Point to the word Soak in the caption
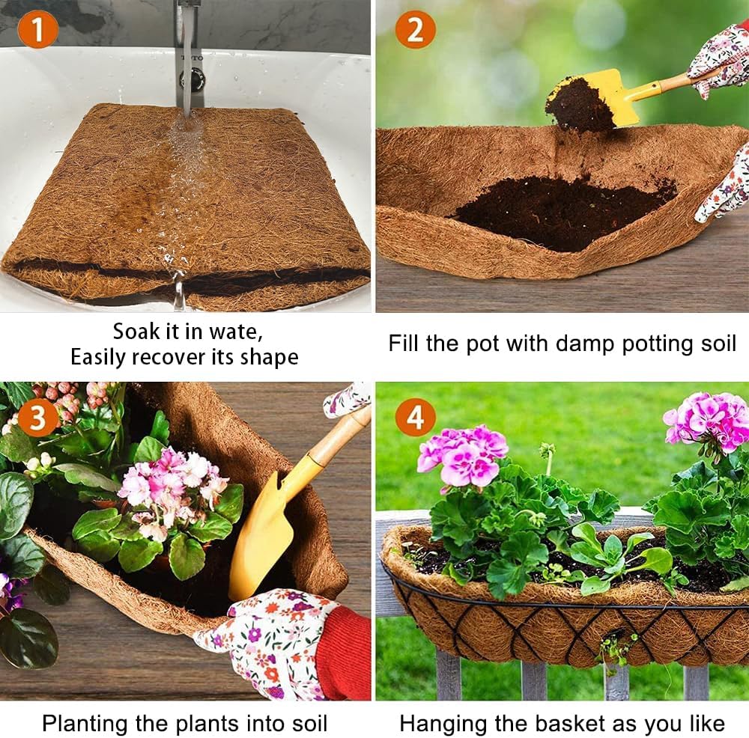pos(137,331)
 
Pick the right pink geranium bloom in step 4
pos(708,419)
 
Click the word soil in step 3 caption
pos(304,723)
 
